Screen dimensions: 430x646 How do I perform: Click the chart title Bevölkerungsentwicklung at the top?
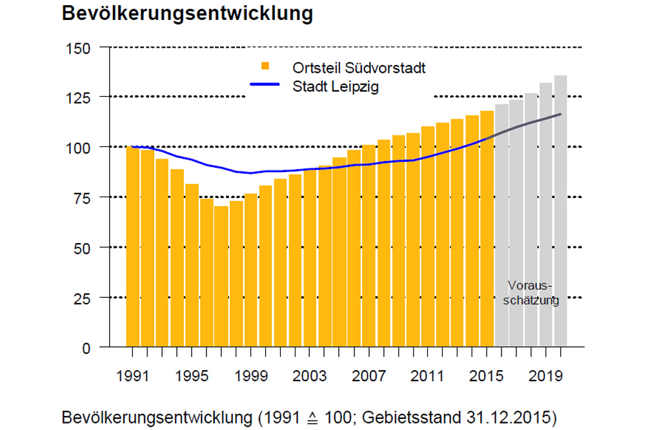pyautogui.click(x=187, y=14)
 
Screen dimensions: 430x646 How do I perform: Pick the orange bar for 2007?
pyautogui.click(x=368, y=246)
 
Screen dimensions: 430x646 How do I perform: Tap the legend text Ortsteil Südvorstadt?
pyautogui.click(x=359, y=68)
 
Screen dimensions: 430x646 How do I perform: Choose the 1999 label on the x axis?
pyautogui.click(x=250, y=375)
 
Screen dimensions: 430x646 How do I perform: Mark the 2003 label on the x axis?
pyautogui.click(x=310, y=375)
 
